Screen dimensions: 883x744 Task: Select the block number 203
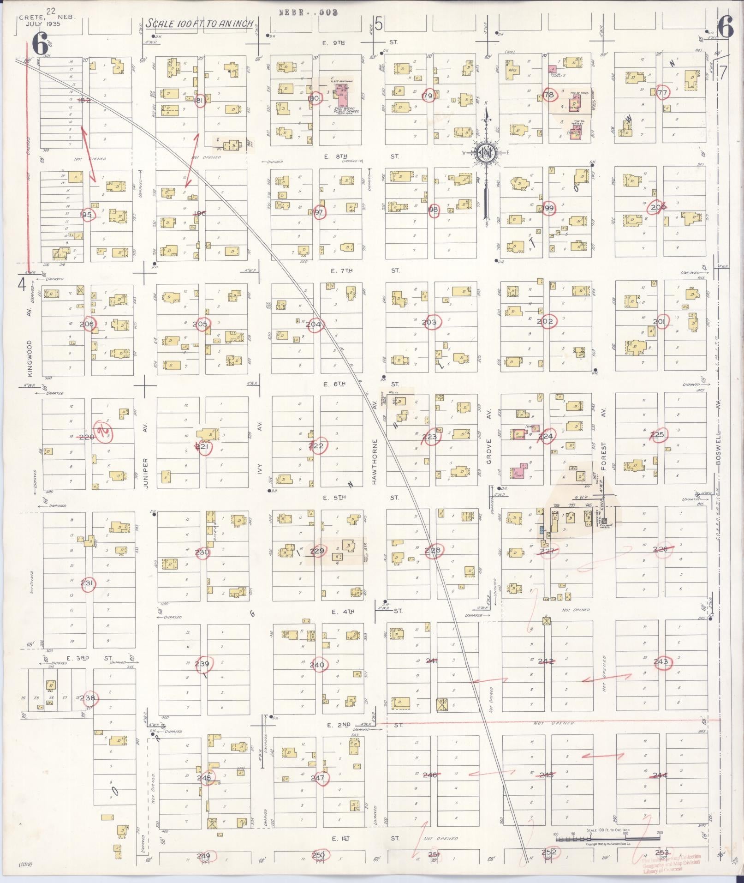click(429, 322)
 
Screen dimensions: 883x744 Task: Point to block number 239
click(202, 664)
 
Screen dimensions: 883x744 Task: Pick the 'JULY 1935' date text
click(44, 24)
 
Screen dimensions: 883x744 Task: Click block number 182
click(84, 100)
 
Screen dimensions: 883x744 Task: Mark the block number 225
click(656, 435)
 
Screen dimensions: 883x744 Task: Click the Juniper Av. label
click(145, 473)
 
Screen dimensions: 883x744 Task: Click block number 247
click(317, 778)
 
